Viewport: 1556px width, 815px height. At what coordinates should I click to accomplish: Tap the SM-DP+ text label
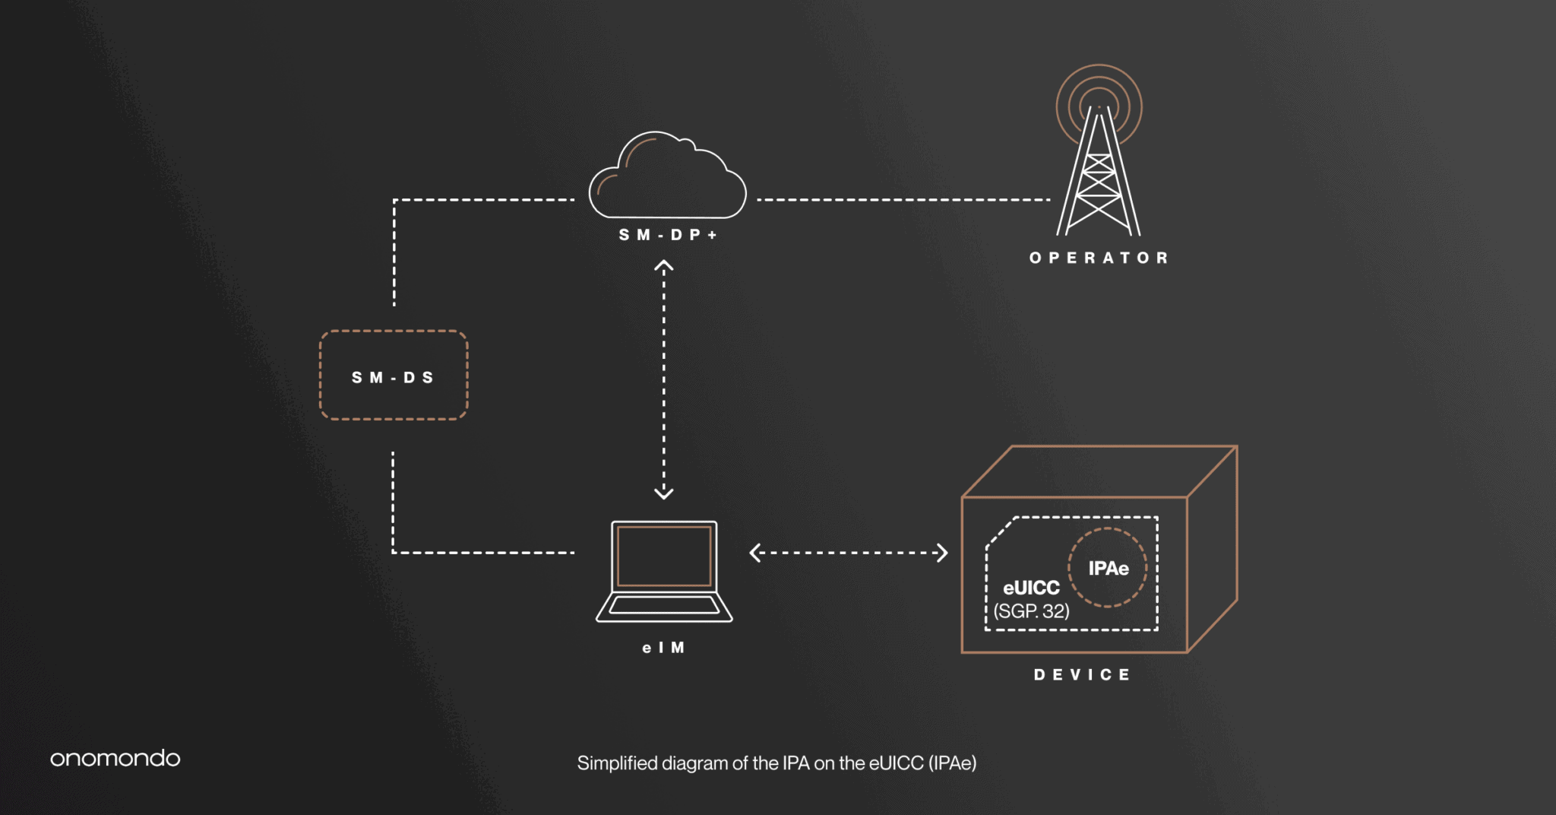coord(668,235)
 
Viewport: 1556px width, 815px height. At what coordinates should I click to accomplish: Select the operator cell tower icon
coord(1099,175)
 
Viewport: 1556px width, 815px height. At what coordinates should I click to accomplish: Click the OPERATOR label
coord(1099,258)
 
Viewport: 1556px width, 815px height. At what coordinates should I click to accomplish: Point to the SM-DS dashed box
coord(394,376)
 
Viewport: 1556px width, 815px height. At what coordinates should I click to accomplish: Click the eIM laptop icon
coord(664,570)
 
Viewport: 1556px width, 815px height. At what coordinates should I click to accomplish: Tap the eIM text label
coord(664,648)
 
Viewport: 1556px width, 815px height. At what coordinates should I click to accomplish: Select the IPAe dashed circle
coord(1108,567)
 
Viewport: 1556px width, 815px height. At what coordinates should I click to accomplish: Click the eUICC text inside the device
coord(1031,588)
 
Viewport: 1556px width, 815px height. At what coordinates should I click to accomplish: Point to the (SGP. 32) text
coord(1031,611)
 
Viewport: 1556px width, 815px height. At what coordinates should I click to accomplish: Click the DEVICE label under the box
coord(1083,674)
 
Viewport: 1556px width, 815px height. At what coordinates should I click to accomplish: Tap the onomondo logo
coord(115,758)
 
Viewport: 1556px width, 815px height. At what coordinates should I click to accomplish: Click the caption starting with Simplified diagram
coord(776,763)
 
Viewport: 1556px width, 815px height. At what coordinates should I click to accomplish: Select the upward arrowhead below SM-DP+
coord(664,266)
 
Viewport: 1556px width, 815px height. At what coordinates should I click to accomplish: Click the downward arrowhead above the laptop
coord(664,493)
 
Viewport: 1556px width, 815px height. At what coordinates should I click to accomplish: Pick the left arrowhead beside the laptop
coord(755,553)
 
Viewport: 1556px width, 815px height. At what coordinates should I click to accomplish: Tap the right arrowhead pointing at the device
coord(942,553)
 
